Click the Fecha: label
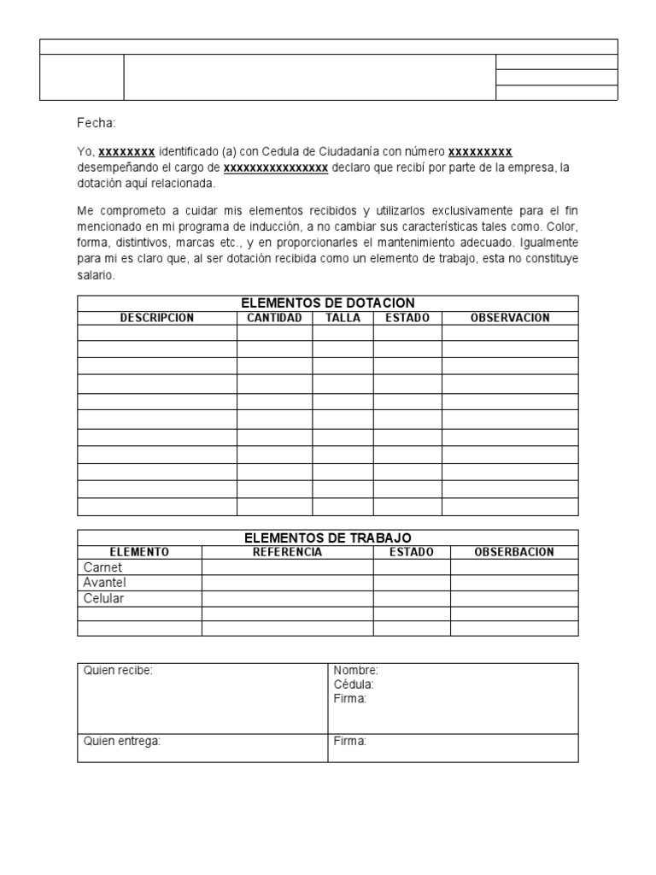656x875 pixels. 96,124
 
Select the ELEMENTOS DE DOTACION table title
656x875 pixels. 328,303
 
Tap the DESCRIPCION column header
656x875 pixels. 157,318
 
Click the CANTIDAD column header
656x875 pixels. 274,318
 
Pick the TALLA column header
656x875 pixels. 343,318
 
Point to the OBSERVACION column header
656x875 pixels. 510,318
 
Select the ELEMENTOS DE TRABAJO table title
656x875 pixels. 328,537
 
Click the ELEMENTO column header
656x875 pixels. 139,552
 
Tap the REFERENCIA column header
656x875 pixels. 287,552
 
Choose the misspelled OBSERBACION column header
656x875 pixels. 514,552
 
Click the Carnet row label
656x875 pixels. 102,567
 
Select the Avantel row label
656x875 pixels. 105,583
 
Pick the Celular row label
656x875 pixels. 103,598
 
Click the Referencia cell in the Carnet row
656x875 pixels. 287,567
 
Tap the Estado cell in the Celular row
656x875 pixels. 412,598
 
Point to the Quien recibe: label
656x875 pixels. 118,671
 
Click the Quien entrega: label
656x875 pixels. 121,742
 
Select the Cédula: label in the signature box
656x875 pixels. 354,684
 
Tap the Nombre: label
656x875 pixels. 355,671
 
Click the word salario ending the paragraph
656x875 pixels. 95,276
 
